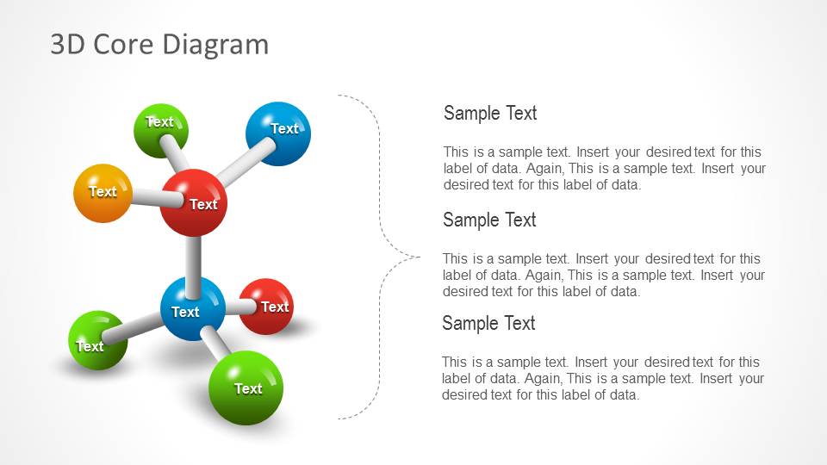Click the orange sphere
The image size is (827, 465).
103,193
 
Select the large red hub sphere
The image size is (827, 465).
194,202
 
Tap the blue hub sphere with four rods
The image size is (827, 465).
193,308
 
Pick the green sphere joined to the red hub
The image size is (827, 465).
160,129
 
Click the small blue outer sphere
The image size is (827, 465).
277,133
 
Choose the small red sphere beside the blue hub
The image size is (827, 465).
267,307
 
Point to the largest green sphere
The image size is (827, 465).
246,387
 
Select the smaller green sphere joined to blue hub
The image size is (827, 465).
97,341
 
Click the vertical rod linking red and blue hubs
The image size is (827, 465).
194,257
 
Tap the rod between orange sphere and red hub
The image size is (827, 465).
146,198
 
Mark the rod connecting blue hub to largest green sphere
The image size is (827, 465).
215,341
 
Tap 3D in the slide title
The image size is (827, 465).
68,44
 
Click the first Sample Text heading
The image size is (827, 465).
490,113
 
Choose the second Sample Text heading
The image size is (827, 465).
489,220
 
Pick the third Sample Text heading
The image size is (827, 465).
488,323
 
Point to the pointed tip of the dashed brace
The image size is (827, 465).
419,256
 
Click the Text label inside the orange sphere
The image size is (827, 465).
103,191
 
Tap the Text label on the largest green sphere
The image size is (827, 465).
248,388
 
